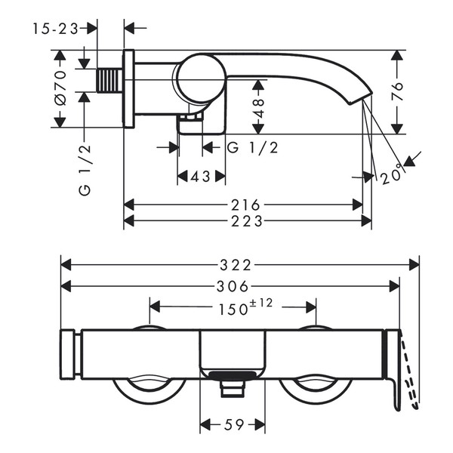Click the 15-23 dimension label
click(55, 29)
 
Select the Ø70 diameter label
click(60, 88)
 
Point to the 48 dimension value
click(258, 108)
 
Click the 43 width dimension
click(201, 176)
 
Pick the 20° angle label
click(391, 174)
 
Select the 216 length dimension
click(245, 205)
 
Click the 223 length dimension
click(247, 221)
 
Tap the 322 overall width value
click(236, 265)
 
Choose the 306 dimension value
click(233, 286)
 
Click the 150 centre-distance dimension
click(233, 310)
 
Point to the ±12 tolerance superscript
click(261, 304)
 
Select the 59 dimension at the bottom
click(234, 424)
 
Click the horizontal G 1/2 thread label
click(253, 148)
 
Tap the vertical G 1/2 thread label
click(85, 170)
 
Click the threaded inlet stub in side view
click(109, 80)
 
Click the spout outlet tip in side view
click(360, 99)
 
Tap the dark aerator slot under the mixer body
click(233, 375)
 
